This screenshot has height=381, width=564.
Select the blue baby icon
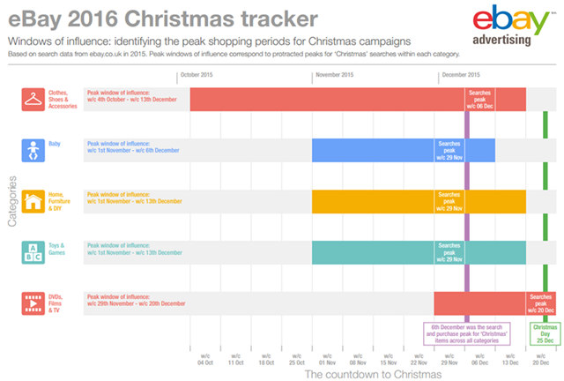tap(33, 150)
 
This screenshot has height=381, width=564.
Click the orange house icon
tap(33, 201)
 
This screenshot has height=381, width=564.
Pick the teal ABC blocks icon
tap(33, 252)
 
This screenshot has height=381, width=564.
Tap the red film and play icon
tap(33, 303)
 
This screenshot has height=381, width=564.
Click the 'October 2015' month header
tap(198, 76)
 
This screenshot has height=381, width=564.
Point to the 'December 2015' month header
tap(462, 76)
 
